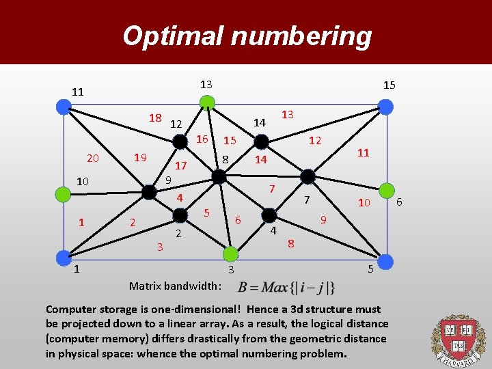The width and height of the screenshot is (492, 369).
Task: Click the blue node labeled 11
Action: tap(64, 106)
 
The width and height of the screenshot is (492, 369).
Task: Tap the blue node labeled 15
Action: tap(385, 107)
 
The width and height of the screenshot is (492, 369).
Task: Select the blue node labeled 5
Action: tap(385, 260)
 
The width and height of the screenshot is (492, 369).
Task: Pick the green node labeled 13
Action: tap(206, 103)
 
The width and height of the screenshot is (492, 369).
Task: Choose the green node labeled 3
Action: tap(230, 254)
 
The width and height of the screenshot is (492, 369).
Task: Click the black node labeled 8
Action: tap(219, 177)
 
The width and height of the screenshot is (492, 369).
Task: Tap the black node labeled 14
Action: tap(261, 141)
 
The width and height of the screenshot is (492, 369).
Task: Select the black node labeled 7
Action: tap(308, 176)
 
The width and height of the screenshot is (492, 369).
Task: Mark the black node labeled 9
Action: tap(150, 193)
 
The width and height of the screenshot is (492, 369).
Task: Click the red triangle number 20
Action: tap(93, 159)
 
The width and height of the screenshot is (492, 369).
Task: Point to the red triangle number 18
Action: tap(155, 118)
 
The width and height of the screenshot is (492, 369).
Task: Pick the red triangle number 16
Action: tap(202, 139)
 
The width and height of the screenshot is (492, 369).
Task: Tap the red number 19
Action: tap(140, 158)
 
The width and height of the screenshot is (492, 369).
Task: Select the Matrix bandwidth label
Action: tap(175, 285)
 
